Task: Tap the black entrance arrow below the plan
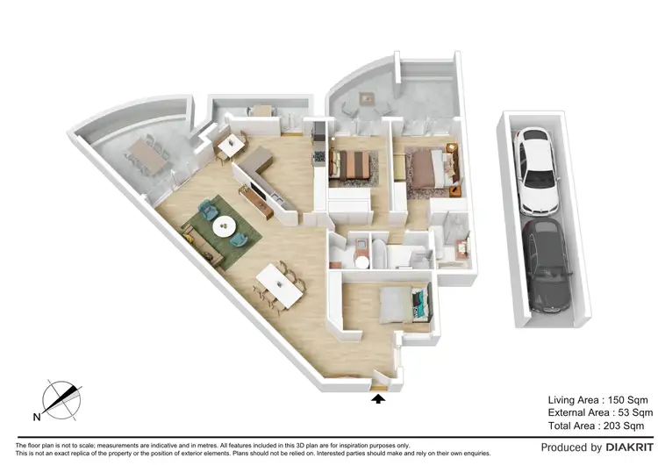coord(378,399)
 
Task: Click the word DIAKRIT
coord(629,447)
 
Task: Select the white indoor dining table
coord(279,284)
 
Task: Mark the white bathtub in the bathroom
coord(378,254)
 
